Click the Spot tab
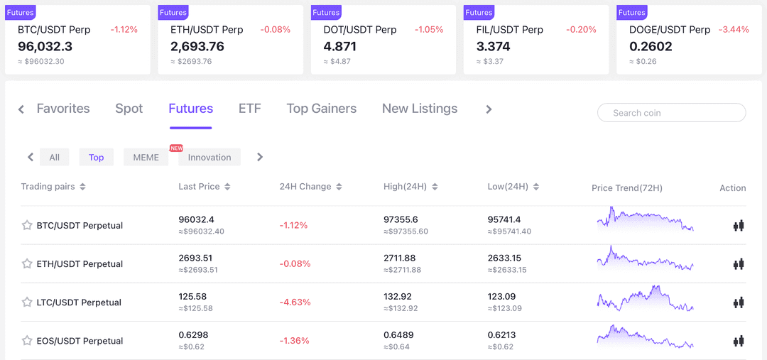[x=129, y=109]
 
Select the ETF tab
[x=249, y=109]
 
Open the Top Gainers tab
[x=321, y=109]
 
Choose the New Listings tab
[x=419, y=109]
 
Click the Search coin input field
[x=671, y=113]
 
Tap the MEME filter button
[x=146, y=157]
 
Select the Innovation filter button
[x=210, y=157]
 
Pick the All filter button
[x=54, y=157]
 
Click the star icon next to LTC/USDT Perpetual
[x=27, y=302]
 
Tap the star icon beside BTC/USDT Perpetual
[x=27, y=225]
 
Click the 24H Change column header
[x=310, y=187]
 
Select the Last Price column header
[x=204, y=187]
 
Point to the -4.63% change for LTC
[x=295, y=302]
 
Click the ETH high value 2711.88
[x=399, y=258]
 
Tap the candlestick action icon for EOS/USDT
[x=739, y=341]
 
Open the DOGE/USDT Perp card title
[x=669, y=30]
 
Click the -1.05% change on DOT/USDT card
[x=429, y=30]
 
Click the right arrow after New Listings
[x=489, y=109]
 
